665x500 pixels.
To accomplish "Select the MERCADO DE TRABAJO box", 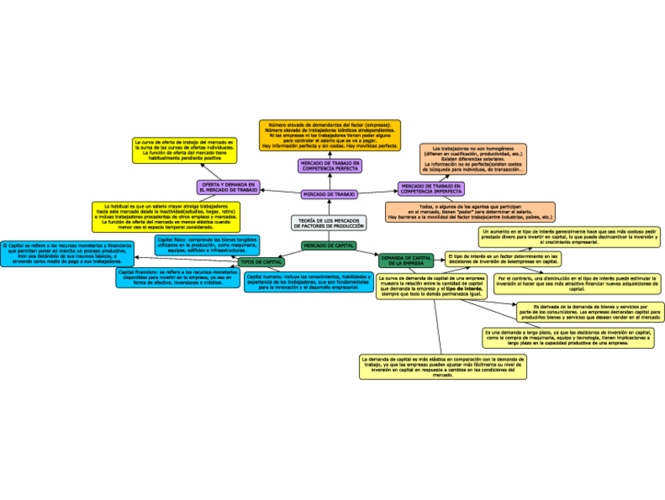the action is (x=329, y=194).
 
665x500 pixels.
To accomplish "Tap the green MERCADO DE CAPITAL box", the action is (x=329, y=246).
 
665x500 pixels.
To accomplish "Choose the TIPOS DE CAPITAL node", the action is (x=261, y=262).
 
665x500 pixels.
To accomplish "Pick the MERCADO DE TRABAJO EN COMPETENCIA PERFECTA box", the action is (x=329, y=165).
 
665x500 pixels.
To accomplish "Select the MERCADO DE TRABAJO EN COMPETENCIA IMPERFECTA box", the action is (x=431, y=188).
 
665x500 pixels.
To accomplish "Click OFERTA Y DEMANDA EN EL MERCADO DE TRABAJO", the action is (x=228, y=187).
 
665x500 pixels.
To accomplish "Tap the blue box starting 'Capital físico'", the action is (x=207, y=245).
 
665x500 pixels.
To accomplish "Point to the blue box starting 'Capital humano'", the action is (x=307, y=282).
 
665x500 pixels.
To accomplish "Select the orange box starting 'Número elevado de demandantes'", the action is (x=329, y=134).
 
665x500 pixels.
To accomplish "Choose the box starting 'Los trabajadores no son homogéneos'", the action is (x=472, y=159).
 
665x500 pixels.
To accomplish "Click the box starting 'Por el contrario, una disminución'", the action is (x=577, y=283).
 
